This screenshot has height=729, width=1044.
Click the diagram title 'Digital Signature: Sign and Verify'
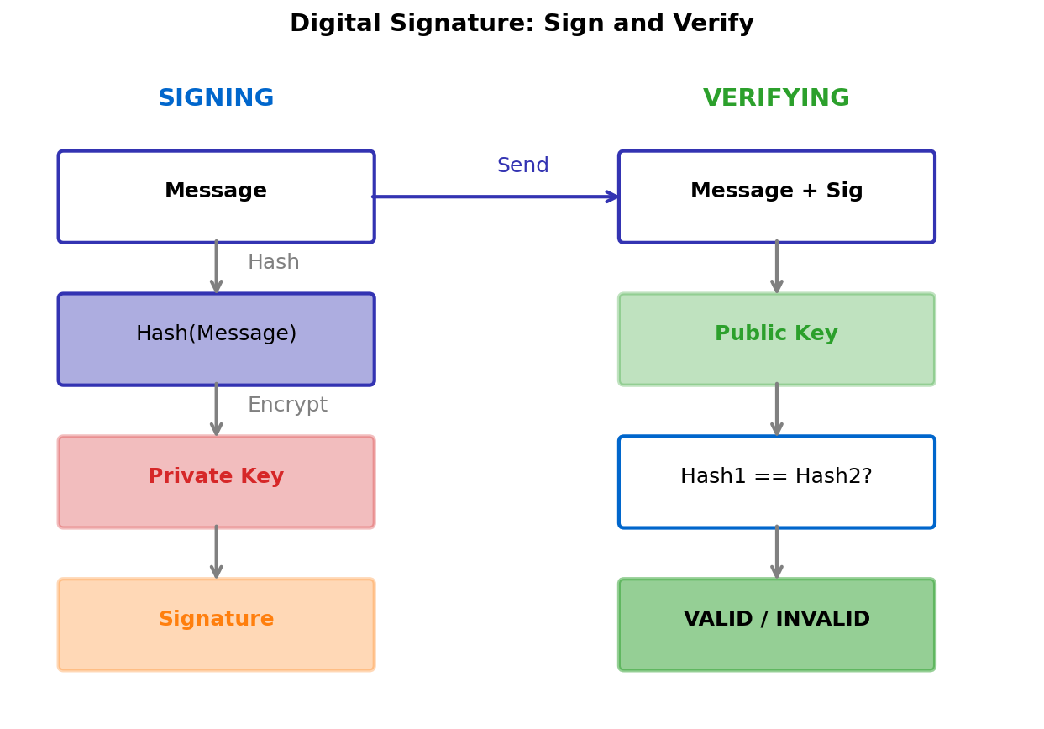tap(522, 24)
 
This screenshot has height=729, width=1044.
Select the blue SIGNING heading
tap(216, 98)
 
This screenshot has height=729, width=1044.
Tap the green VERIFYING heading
tap(776, 98)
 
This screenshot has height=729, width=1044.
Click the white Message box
tap(216, 197)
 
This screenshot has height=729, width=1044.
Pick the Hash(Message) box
tap(216, 339)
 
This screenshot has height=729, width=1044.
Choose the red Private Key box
tap(216, 482)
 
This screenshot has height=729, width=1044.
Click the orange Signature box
tap(216, 625)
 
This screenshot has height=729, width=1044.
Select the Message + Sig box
tap(776, 197)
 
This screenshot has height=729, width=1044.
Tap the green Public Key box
tap(776, 339)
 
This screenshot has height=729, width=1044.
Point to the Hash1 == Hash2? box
tap(776, 482)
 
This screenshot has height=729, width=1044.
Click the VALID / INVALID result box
tap(776, 625)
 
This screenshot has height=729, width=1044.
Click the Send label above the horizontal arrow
tap(522, 166)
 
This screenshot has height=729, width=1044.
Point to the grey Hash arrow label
tap(273, 263)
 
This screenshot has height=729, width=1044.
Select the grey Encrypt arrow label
tap(287, 406)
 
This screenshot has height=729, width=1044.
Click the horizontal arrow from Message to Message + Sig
tap(496, 197)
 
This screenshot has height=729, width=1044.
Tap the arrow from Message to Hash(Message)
tap(216, 268)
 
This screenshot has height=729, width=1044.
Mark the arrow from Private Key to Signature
tap(216, 553)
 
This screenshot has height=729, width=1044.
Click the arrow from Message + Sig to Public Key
tap(776, 268)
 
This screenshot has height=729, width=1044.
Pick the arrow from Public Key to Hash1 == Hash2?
tap(776, 410)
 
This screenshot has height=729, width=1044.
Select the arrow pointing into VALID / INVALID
tap(776, 553)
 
